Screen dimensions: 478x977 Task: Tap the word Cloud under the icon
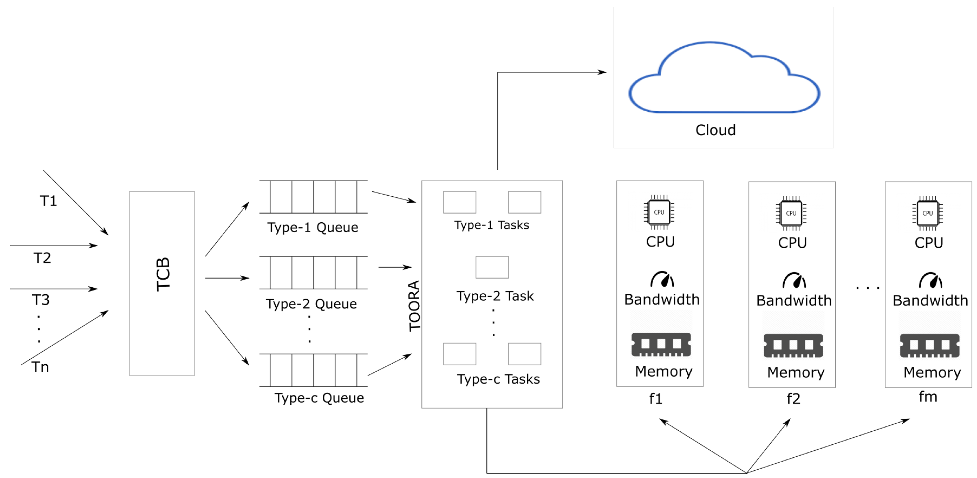(x=715, y=130)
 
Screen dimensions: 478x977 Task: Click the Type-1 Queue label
(x=313, y=227)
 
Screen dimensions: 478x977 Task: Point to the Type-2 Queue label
(x=311, y=304)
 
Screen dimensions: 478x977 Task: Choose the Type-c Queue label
(x=319, y=398)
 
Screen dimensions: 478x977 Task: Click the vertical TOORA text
(x=414, y=306)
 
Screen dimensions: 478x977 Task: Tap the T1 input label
(x=49, y=201)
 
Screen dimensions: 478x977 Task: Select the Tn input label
(x=40, y=367)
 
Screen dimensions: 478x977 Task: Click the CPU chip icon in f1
(x=659, y=212)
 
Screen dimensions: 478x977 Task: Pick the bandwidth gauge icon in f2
(x=794, y=280)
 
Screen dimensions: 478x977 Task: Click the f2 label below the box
(x=793, y=399)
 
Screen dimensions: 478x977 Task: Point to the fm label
(x=928, y=397)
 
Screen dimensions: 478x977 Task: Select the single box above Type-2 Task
(x=492, y=267)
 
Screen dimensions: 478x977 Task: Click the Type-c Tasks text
(x=498, y=379)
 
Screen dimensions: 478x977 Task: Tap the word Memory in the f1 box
(x=664, y=371)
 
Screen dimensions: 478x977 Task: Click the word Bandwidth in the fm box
(x=930, y=301)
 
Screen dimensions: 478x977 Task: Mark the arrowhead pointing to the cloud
(x=602, y=72)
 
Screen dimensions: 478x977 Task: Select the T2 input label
(x=42, y=258)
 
